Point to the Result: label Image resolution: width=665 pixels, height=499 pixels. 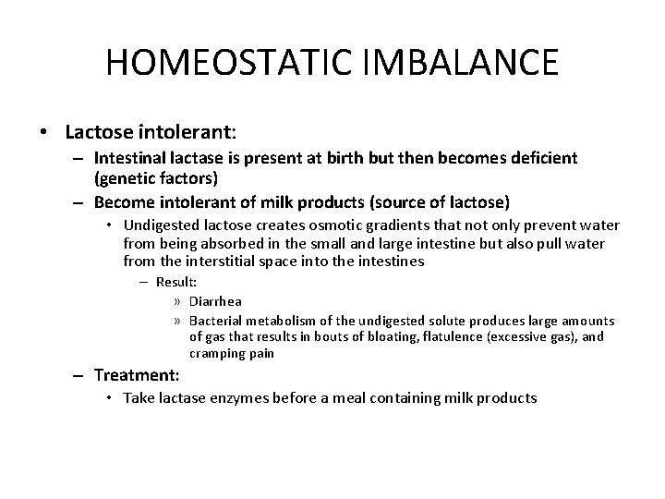(175, 283)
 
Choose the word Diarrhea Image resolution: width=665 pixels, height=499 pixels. (217, 300)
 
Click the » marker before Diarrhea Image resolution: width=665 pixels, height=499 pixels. (176, 300)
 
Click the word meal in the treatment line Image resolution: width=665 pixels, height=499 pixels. (353, 398)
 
